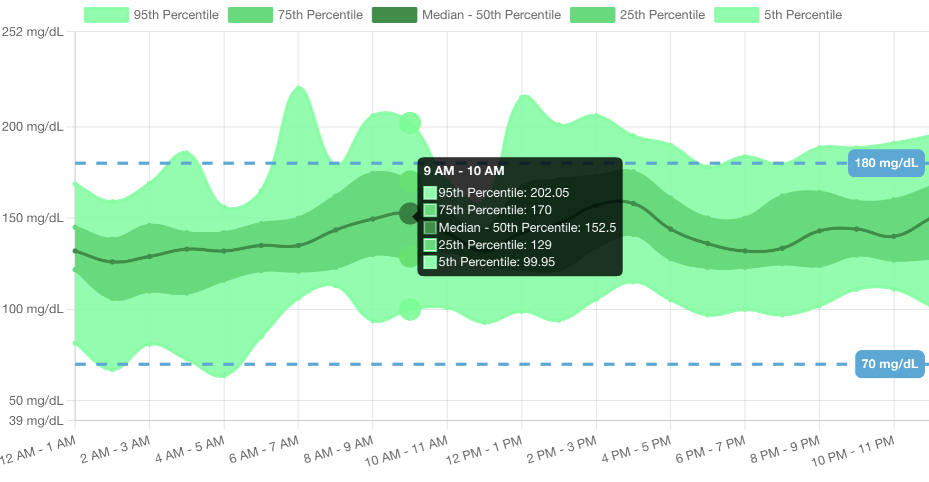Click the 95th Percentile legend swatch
pos(106,15)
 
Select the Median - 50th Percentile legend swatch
pos(394,15)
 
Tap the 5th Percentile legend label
pos(803,15)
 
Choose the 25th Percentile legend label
pos(662,15)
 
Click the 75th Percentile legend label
pos(320,15)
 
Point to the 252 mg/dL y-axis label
pos(33,32)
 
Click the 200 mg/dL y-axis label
pos(33,126)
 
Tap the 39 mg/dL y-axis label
pos(36,421)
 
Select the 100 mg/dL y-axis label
pos(33,309)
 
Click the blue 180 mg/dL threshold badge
pos(886,163)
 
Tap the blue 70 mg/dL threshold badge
pos(890,364)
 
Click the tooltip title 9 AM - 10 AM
pos(464,171)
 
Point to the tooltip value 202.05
pos(550,193)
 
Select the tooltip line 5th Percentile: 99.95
pos(496,262)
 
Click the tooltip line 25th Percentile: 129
pos(495,245)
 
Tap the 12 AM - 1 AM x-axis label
pos(38,450)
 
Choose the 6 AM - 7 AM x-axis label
pos(264,450)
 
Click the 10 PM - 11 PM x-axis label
pos(852,451)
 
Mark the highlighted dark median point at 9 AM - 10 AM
pos(410,214)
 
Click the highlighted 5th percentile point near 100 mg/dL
pos(410,310)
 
